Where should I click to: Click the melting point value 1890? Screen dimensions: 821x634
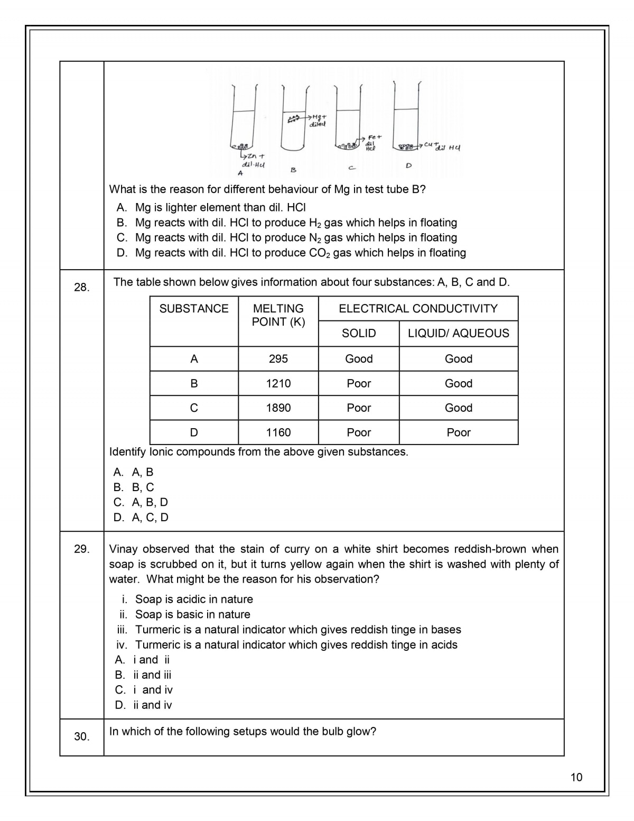click(x=278, y=408)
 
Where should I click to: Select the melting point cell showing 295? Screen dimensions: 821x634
click(x=278, y=359)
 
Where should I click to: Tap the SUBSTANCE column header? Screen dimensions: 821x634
click(x=194, y=309)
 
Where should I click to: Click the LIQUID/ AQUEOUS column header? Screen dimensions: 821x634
click(x=458, y=333)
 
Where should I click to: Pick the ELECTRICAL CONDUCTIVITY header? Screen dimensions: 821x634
click(x=418, y=309)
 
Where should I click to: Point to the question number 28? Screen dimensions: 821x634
click(x=82, y=288)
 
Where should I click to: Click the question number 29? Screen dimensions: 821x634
click(x=82, y=549)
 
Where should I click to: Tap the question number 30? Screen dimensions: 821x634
click(x=82, y=736)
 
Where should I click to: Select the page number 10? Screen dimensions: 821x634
click(x=576, y=777)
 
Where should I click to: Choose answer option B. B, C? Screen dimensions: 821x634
click(x=134, y=487)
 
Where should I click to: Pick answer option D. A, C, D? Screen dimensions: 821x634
click(x=141, y=518)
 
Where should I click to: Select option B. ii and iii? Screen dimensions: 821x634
click(x=143, y=675)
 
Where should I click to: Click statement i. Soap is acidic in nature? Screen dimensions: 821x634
click(x=187, y=599)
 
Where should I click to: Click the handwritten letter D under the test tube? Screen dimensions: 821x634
click(x=408, y=165)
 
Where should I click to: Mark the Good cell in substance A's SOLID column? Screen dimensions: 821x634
click(x=359, y=359)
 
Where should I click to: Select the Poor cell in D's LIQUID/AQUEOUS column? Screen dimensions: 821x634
click(x=458, y=432)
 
